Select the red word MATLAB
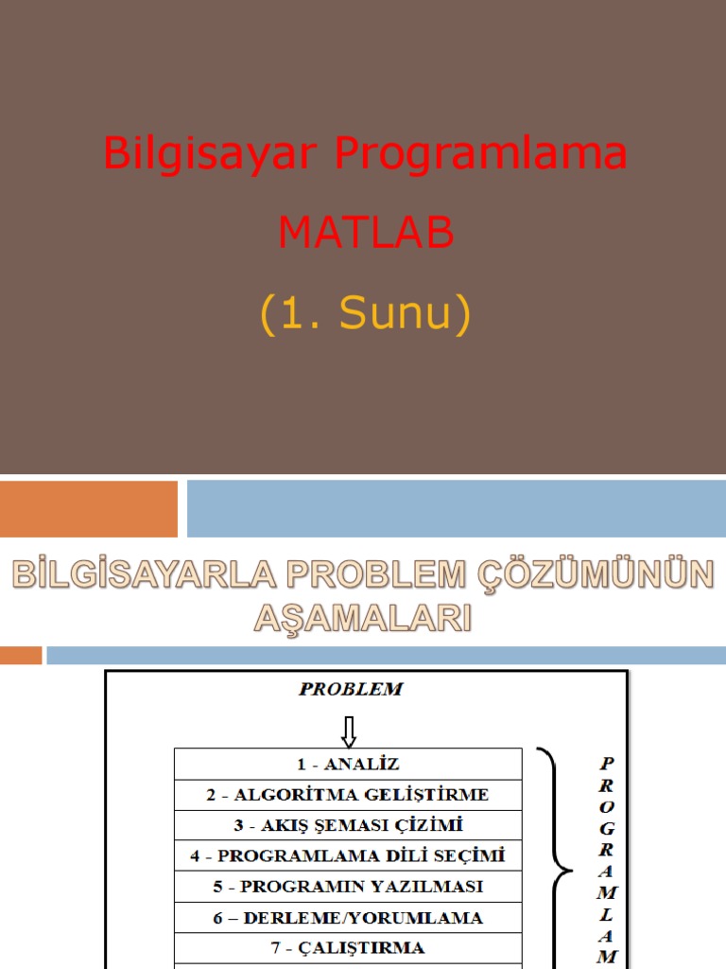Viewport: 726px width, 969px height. pyautogui.click(x=366, y=233)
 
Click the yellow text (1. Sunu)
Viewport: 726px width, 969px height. pyautogui.click(x=366, y=314)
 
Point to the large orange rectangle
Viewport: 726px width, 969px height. pyautogui.click(x=88, y=508)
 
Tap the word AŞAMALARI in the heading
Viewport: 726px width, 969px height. pyautogui.click(x=362, y=618)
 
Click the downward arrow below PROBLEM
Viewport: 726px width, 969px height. pyautogui.click(x=349, y=730)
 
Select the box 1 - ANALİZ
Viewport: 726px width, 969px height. pyautogui.click(x=348, y=764)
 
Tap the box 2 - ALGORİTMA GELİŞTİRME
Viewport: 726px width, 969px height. pyautogui.click(x=348, y=795)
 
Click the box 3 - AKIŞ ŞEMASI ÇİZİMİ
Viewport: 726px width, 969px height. pyautogui.click(x=348, y=825)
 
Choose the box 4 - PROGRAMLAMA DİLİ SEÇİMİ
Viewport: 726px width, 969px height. pyautogui.click(x=348, y=855)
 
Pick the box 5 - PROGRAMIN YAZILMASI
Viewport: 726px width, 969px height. pyautogui.click(x=348, y=887)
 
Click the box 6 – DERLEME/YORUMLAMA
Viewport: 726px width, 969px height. pyautogui.click(x=348, y=918)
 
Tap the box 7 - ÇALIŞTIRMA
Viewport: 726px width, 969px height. pyautogui.click(x=348, y=948)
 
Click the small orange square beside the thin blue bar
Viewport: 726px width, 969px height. pyautogui.click(x=21, y=655)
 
